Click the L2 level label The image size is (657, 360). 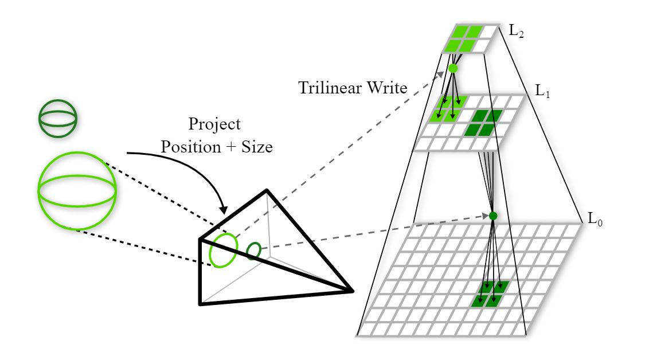pyautogui.click(x=517, y=32)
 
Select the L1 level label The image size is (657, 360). pyautogui.click(x=542, y=91)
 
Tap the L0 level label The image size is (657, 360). pyautogui.click(x=595, y=218)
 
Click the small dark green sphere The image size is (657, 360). pyautogui.click(x=57, y=118)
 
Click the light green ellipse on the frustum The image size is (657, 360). pyautogui.click(x=222, y=250)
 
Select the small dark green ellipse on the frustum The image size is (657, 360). pyautogui.click(x=254, y=251)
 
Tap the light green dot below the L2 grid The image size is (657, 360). pyautogui.click(x=453, y=68)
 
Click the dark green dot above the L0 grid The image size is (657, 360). pyautogui.click(x=492, y=216)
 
